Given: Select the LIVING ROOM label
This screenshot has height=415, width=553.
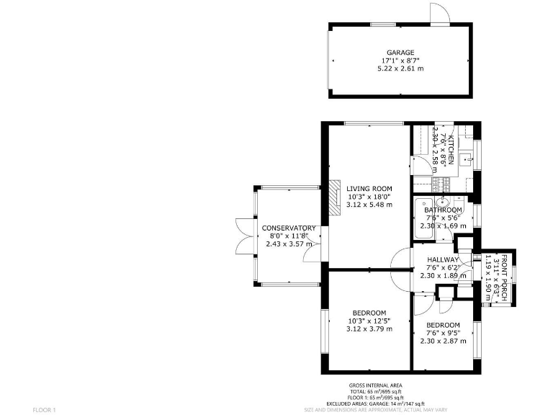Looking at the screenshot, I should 369,188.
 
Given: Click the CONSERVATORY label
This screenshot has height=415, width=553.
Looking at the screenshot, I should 288,228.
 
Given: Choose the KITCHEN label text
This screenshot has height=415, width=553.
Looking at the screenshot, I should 451,151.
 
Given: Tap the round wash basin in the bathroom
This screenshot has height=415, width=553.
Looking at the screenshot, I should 444,202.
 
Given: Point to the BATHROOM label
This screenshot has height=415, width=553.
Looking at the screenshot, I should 443,210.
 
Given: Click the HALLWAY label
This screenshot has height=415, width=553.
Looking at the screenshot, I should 443,259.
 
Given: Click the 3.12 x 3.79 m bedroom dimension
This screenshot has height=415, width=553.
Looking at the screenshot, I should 369,329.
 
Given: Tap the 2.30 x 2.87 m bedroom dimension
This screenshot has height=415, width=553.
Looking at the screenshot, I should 443,341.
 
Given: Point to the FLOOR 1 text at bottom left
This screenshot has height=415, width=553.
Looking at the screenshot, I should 44,409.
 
